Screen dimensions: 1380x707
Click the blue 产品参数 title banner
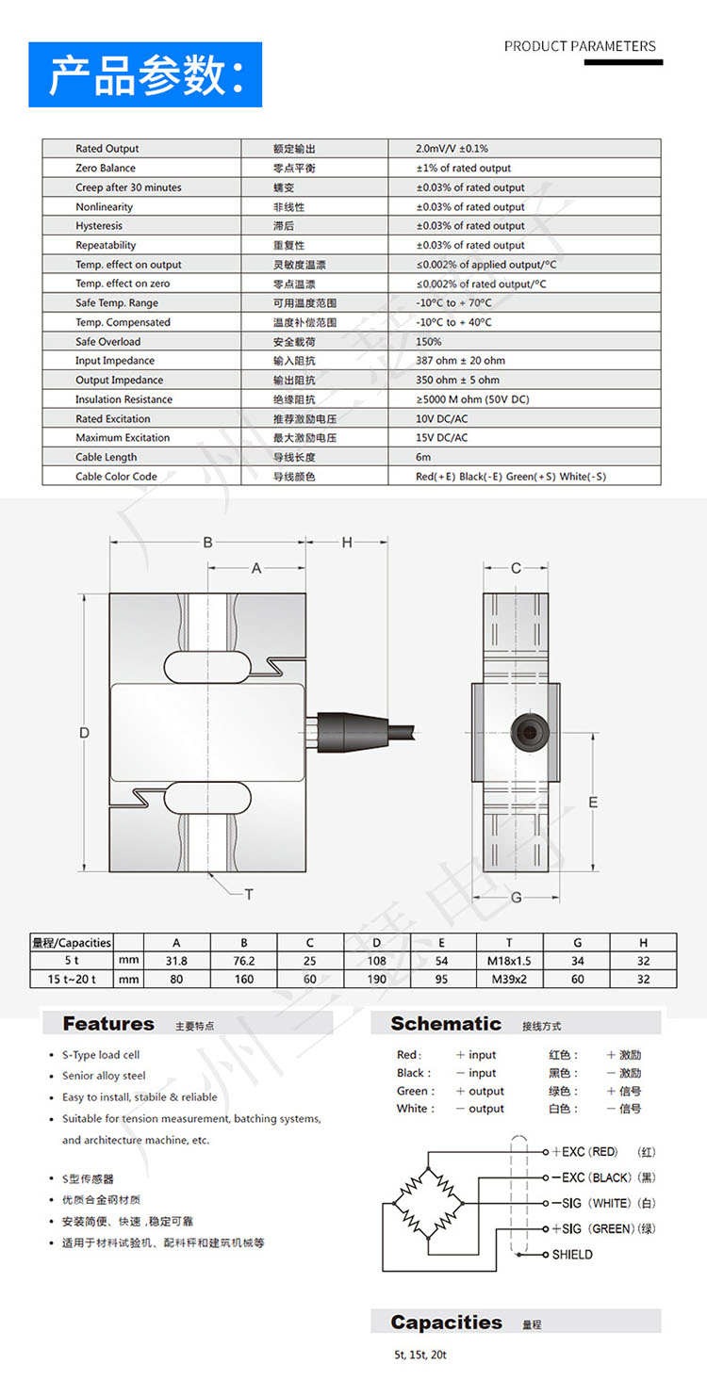tap(145, 74)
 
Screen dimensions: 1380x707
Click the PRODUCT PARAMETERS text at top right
tap(580, 46)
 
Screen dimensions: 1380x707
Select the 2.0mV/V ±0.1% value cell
tap(452, 149)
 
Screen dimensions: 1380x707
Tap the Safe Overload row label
tap(107, 342)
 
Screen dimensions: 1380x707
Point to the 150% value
tap(429, 342)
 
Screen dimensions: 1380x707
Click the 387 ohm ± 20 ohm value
tap(460, 361)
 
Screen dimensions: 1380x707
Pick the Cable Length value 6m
tap(423, 457)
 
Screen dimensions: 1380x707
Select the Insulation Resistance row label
tap(123, 399)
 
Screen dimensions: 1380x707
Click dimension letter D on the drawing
tap(84, 732)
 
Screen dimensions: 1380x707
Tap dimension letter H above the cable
tap(346, 542)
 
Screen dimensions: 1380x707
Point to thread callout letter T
tap(249, 894)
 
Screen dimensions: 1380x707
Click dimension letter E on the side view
tap(593, 802)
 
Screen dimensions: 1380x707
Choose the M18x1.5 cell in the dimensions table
tap(509, 961)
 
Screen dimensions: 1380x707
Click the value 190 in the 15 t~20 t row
tap(376, 980)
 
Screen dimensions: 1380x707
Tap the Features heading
tap(108, 1024)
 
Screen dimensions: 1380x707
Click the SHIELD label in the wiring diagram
tap(572, 1255)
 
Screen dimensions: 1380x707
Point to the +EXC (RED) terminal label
tap(584, 1152)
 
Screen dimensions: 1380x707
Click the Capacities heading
tap(446, 1323)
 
